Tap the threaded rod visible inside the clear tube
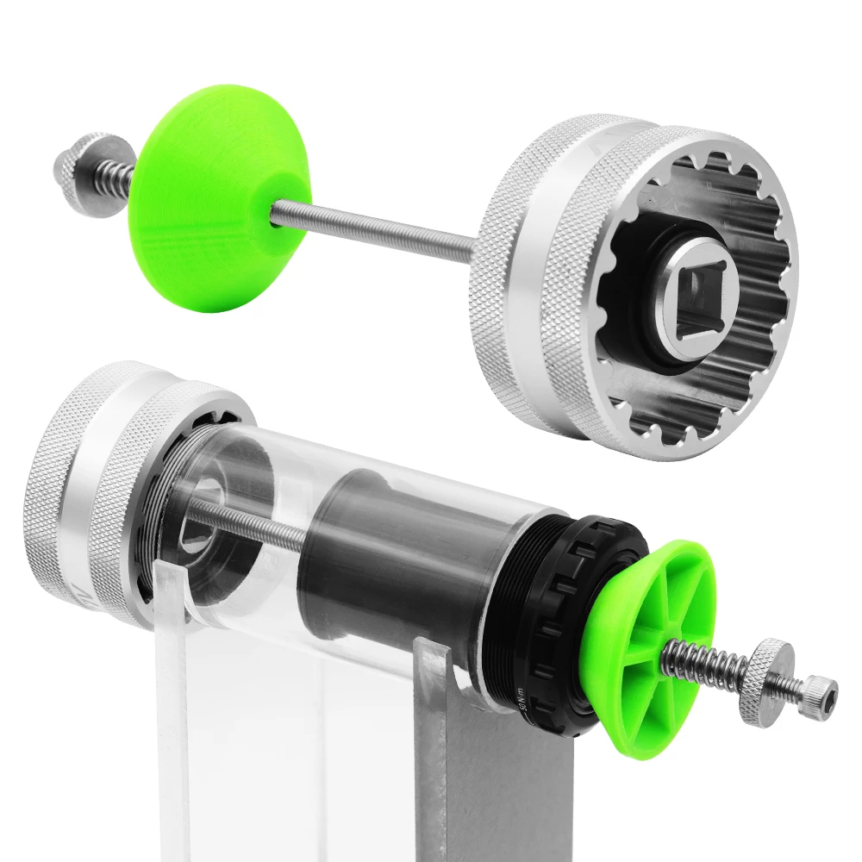(250, 526)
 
